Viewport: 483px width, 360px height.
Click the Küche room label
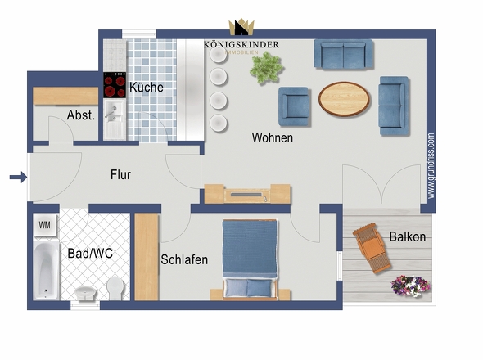click(x=146, y=87)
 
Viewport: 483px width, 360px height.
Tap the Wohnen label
click(x=272, y=138)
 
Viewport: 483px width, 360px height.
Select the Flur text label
click(x=120, y=174)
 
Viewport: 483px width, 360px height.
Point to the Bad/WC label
click(x=90, y=254)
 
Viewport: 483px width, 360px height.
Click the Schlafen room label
click(x=184, y=259)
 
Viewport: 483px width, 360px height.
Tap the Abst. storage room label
click(x=81, y=115)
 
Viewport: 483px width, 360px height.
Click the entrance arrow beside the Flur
click(x=15, y=176)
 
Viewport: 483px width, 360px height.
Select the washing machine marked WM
click(x=44, y=223)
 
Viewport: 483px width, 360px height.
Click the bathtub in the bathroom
click(x=45, y=270)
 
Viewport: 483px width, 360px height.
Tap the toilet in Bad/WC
click(x=115, y=287)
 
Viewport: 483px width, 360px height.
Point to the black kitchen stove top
click(x=114, y=85)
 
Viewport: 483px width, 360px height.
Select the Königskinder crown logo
click(x=241, y=28)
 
